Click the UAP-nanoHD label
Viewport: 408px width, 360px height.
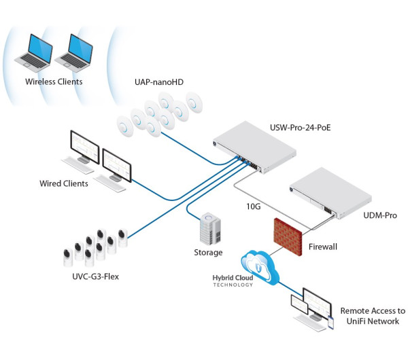(x=159, y=82)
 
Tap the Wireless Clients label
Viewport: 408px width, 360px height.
(x=54, y=82)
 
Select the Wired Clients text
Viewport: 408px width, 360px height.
(x=63, y=183)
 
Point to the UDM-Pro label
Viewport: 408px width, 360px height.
(x=362, y=215)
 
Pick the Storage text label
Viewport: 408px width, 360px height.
(x=208, y=253)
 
